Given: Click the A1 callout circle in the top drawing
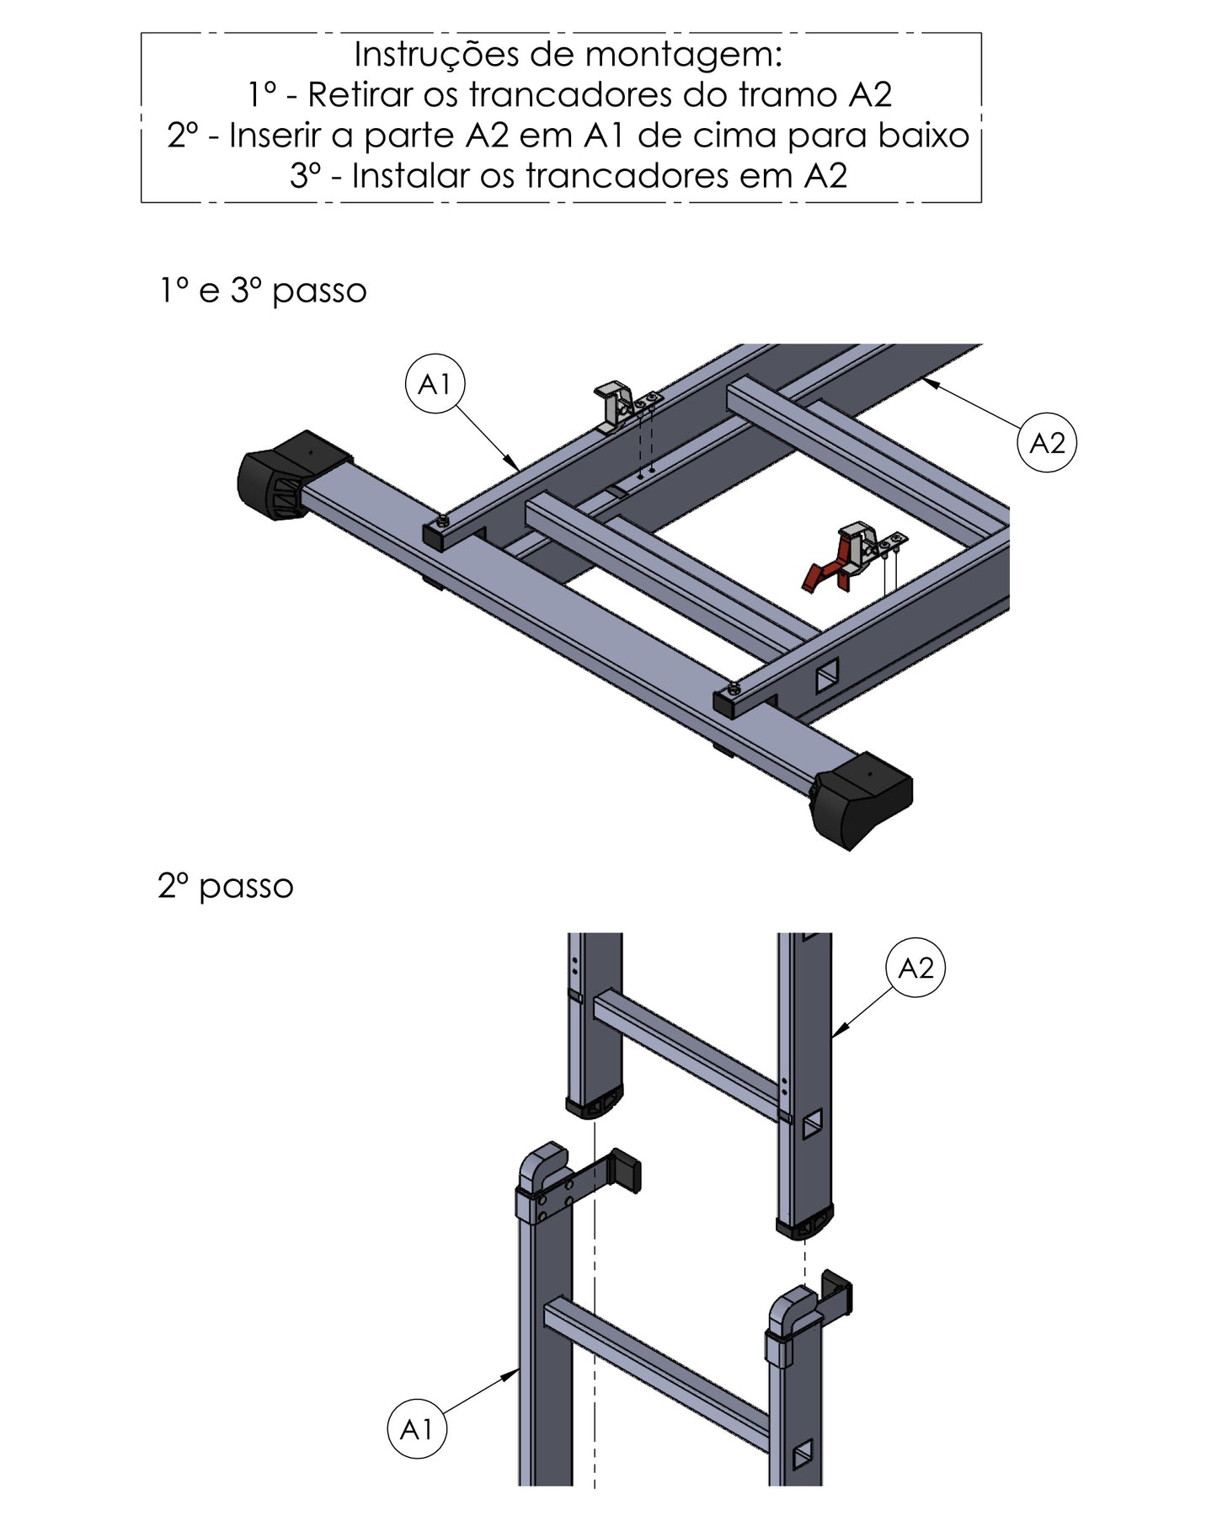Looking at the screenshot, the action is pyautogui.click(x=435, y=384).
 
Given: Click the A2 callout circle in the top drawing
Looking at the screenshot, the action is pyautogui.click(x=1047, y=442).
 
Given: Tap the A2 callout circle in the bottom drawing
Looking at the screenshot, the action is pyautogui.click(x=915, y=969).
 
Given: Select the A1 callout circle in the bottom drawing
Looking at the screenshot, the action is pyautogui.click(x=416, y=1429).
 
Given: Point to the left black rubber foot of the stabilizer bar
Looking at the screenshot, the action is pyautogui.click(x=293, y=476).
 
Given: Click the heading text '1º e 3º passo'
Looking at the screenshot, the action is pyautogui.click(x=264, y=291).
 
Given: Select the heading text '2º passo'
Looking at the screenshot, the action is pyautogui.click(x=226, y=886).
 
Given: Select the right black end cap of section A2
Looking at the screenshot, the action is pyautogui.click(x=804, y=1223).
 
